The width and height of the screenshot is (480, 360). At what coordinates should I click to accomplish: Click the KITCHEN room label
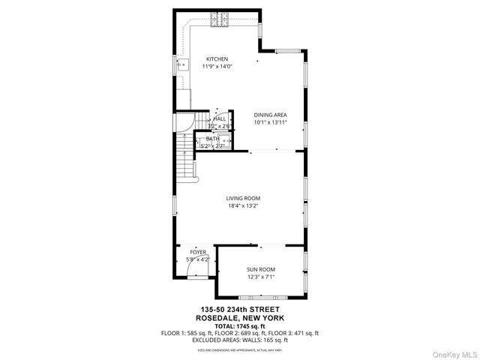pyautogui.click(x=217, y=59)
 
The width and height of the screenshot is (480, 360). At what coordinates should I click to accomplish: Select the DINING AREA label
pyautogui.click(x=271, y=115)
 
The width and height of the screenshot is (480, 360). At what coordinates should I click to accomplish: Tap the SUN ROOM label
pyautogui.click(x=261, y=269)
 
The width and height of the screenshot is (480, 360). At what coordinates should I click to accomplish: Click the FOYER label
pyautogui.click(x=197, y=253)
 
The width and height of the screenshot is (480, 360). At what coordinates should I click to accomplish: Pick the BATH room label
pyautogui.click(x=213, y=139)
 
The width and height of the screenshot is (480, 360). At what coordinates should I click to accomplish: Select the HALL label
pyautogui.click(x=220, y=118)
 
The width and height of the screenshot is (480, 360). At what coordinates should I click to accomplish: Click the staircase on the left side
pyautogui.click(x=185, y=161)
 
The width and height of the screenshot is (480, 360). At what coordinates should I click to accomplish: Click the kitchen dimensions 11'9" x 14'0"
pyautogui.click(x=217, y=66)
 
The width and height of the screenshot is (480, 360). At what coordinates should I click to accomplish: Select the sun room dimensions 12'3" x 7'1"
pyautogui.click(x=261, y=276)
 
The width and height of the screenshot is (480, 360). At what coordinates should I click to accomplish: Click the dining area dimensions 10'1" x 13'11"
pyautogui.click(x=271, y=121)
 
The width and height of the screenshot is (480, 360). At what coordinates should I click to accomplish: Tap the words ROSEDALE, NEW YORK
pyautogui.click(x=239, y=318)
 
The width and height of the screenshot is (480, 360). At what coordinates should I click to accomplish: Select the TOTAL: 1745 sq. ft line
pyautogui.click(x=239, y=325)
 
